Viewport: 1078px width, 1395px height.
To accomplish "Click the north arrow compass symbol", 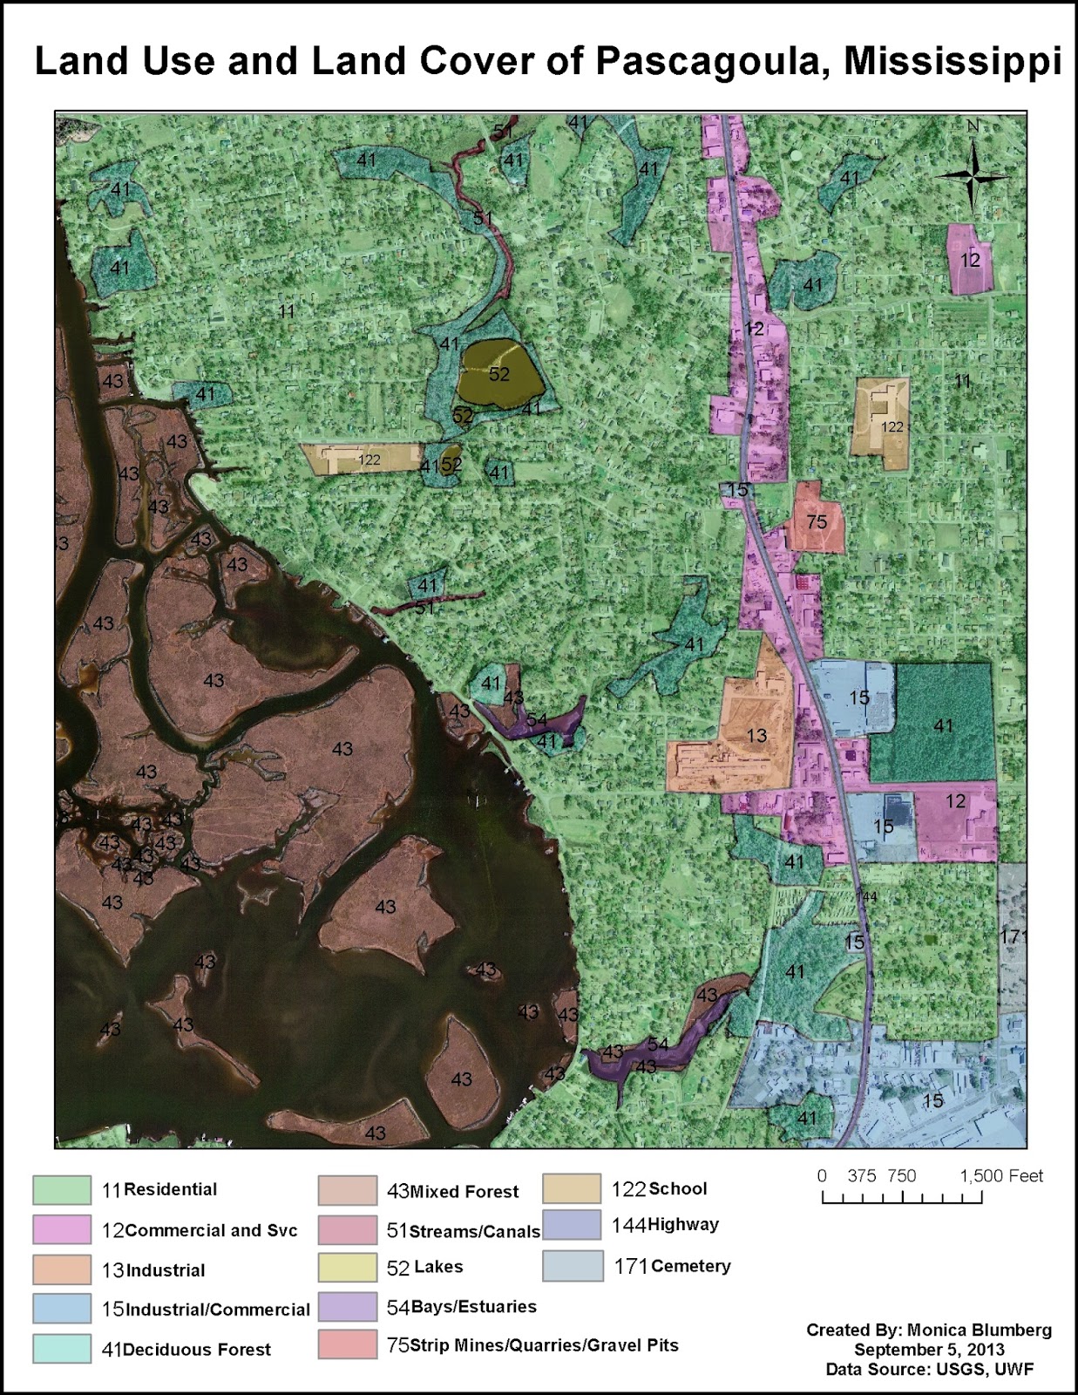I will [x=973, y=177].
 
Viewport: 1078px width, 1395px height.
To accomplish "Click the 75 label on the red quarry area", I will [x=817, y=522].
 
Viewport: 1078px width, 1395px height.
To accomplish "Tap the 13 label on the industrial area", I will [x=756, y=736].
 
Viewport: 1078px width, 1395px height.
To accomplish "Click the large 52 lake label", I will [x=498, y=374].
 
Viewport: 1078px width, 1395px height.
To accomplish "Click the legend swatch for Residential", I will [x=62, y=1190].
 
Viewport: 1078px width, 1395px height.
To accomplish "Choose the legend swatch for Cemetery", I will [x=573, y=1266].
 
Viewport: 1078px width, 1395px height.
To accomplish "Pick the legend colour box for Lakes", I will [x=347, y=1267].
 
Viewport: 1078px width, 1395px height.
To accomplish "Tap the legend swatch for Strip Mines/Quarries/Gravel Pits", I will [x=347, y=1345].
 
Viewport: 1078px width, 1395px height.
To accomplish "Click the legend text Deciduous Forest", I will [x=197, y=1350].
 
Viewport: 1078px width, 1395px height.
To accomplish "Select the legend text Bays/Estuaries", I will [x=473, y=1307].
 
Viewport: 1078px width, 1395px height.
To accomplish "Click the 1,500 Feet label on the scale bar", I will [x=1001, y=1176].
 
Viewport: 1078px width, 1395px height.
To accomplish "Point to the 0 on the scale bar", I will [x=822, y=1176].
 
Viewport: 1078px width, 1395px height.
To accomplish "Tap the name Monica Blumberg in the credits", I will [x=979, y=1330].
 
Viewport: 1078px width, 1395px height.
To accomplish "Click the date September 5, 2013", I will [x=929, y=1350].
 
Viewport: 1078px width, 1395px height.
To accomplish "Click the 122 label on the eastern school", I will [x=892, y=427].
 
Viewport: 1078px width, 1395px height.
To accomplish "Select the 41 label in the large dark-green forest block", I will [x=944, y=725].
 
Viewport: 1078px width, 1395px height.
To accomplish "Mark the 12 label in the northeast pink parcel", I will [x=970, y=260].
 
